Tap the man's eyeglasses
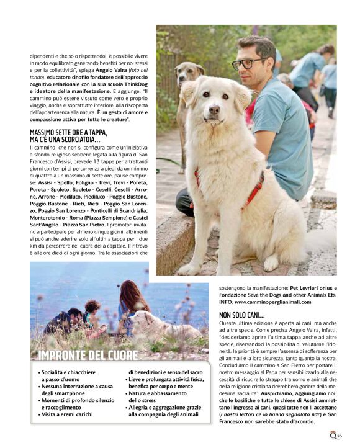[x=250, y=63]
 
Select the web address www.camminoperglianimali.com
[x=272, y=302]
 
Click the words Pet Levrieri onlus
[x=313, y=288]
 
